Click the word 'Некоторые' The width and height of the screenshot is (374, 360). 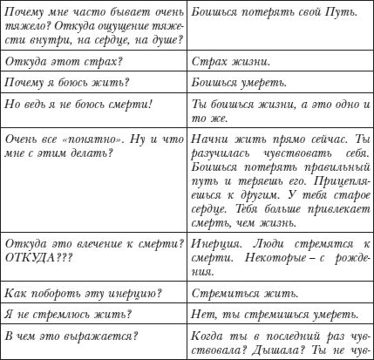point(275,258)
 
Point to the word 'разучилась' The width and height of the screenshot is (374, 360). point(221,152)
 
